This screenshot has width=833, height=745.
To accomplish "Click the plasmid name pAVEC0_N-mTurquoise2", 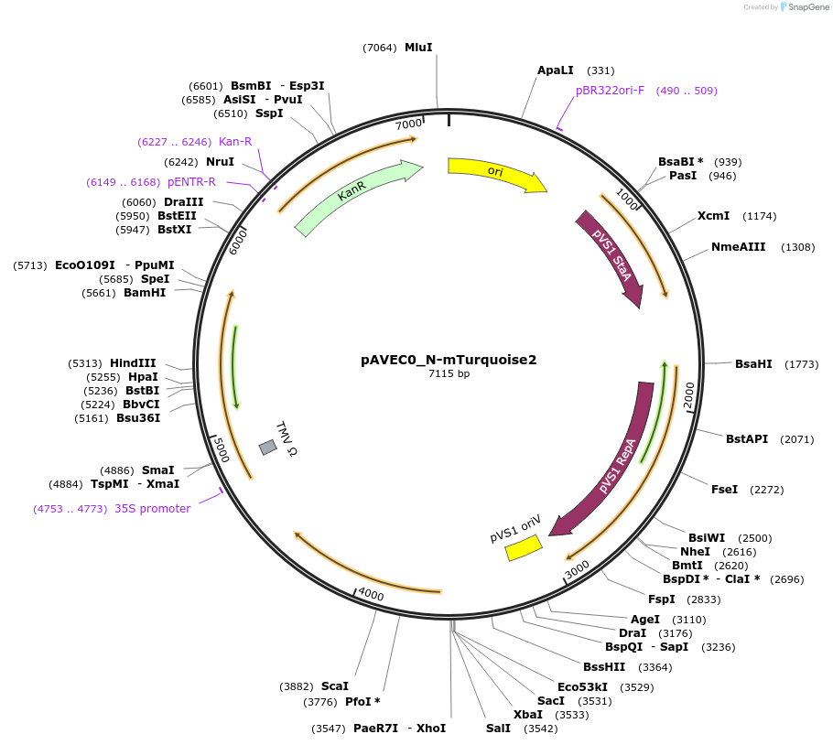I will pos(449,360).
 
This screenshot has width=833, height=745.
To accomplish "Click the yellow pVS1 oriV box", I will pos(525,547).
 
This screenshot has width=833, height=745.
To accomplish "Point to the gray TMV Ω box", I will pos(267,447).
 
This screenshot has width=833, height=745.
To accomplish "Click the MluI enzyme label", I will pos(418,48).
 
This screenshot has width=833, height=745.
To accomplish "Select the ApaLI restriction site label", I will pos(556,70).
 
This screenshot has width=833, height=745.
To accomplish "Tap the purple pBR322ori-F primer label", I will pos(610,91).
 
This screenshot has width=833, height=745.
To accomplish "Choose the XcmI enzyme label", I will pos(713,216).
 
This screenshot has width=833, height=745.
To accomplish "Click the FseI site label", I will pos(724,490).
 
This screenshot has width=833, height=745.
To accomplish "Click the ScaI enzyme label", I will pos(335,686).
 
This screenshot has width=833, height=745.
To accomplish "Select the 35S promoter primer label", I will pos(152,509).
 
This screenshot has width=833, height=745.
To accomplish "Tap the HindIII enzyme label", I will pos(133,363).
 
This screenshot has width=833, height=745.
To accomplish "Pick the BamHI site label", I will pos(145,293).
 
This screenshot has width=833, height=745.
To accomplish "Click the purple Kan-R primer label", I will pos(234,142).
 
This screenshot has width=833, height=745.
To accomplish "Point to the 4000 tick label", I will pos(371,595).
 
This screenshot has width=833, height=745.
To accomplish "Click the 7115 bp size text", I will pos(449,373).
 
